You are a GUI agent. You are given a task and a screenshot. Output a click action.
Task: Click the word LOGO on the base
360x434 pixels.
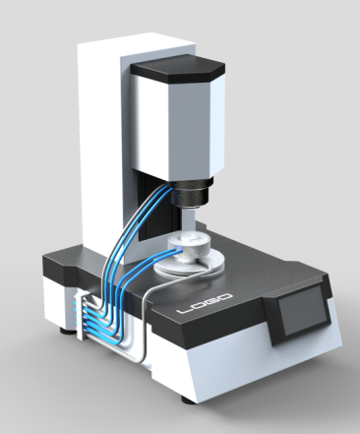(x=205, y=303)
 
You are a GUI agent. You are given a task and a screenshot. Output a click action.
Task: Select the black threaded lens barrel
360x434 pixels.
(x=191, y=194)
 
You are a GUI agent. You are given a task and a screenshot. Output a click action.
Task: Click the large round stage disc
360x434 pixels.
(x=190, y=263)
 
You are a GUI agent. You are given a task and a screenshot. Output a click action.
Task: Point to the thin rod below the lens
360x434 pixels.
(x=189, y=220)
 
